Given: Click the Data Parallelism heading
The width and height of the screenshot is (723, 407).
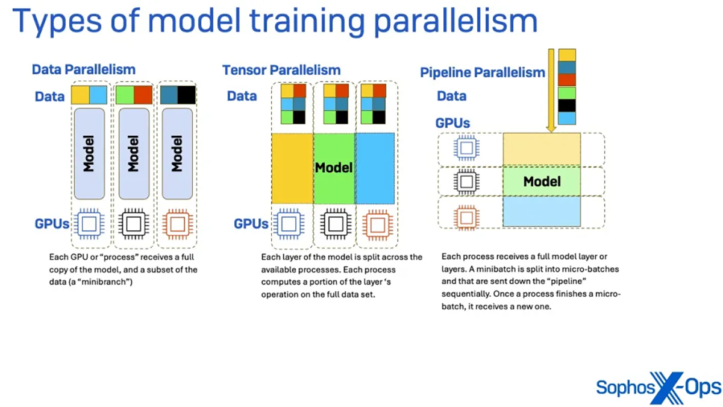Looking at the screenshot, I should [84, 69].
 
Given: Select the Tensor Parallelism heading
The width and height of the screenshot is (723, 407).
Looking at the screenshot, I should [281, 70].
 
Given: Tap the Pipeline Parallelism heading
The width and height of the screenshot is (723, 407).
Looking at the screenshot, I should [482, 73].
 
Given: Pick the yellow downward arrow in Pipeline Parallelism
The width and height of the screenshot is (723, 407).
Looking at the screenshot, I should [550, 90].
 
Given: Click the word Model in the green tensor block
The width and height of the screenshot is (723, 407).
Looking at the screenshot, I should [333, 167].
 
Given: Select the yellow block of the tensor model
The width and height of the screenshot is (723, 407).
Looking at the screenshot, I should [292, 168].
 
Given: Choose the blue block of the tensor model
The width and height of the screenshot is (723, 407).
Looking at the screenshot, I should [375, 168].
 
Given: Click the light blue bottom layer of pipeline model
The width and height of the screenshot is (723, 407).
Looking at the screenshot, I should [542, 212].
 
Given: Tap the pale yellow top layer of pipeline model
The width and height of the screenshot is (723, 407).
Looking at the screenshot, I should [542, 149].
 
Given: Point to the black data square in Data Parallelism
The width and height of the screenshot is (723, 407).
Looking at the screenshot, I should [187, 95].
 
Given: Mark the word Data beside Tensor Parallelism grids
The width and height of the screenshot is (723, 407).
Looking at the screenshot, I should [242, 96].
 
